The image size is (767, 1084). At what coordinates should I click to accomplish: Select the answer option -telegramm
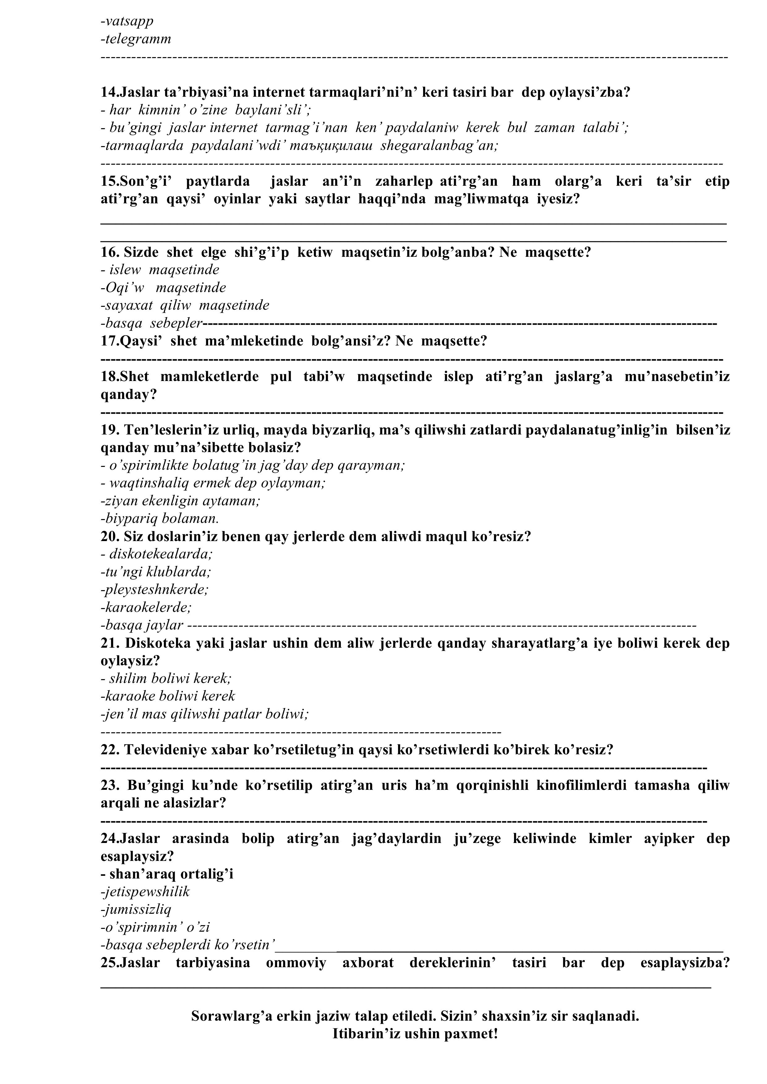[136, 39]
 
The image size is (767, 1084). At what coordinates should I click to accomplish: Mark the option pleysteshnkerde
[155, 590]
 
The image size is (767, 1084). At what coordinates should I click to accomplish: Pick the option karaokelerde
[146, 607]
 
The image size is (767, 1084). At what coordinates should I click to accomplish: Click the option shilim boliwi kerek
[166, 679]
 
